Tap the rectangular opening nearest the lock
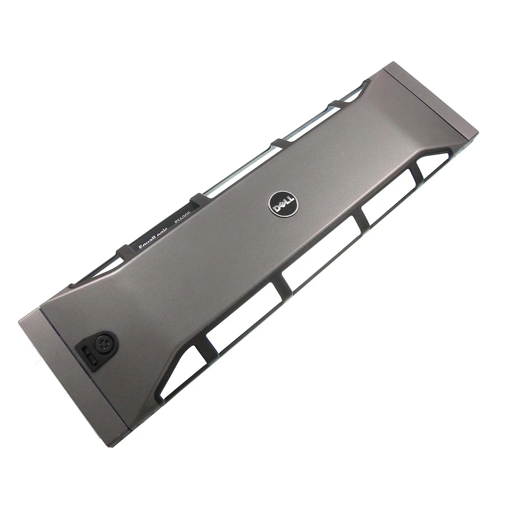[x=245, y=315]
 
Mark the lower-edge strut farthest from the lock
[x=415, y=172]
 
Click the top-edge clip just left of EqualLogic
[x=124, y=250]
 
